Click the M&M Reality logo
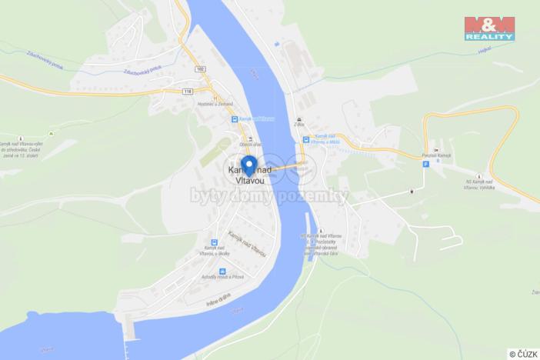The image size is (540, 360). (489, 28)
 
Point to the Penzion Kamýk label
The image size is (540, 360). (436, 156)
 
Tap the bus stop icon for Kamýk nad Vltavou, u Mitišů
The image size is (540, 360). (306, 141)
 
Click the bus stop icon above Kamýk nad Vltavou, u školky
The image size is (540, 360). (210, 238)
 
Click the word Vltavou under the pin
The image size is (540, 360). (248, 179)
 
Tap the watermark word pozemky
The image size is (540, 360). (318, 197)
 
